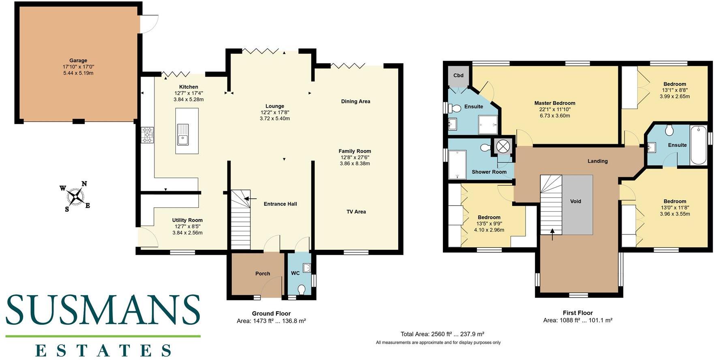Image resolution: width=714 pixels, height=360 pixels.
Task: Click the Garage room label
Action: click(78, 60)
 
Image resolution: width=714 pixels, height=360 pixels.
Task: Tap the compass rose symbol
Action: click(75, 196)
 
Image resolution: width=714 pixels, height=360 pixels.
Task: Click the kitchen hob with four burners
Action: click(147, 135)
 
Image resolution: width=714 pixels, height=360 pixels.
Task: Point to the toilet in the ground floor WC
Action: click(301, 290)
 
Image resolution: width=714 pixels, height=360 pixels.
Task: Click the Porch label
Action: click(263, 274)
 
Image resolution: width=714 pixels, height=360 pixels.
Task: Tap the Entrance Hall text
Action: click(280, 204)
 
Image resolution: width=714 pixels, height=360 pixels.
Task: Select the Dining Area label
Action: click(355, 102)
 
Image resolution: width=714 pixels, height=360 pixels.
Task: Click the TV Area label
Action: click(356, 212)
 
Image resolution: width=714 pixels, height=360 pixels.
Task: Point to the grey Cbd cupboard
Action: click(458, 76)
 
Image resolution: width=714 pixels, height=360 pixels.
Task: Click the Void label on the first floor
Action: click(575, 201)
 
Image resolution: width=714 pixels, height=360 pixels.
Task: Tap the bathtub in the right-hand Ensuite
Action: click(698, 145)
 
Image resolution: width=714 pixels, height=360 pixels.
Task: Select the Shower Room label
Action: click(489, 172)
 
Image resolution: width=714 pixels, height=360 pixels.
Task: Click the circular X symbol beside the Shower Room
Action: click(502, 146)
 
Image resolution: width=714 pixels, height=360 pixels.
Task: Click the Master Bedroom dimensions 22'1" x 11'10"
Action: click(555, 109)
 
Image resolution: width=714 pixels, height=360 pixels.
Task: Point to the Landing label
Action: click(598, 161)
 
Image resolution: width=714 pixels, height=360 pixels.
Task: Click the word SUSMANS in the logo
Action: click(103, 310)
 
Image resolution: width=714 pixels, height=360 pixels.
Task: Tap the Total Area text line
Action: click(442, 334)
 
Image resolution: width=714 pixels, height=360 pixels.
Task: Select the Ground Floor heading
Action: click(271, 313)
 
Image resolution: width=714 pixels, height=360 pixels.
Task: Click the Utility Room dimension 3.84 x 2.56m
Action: click(188, 233)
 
